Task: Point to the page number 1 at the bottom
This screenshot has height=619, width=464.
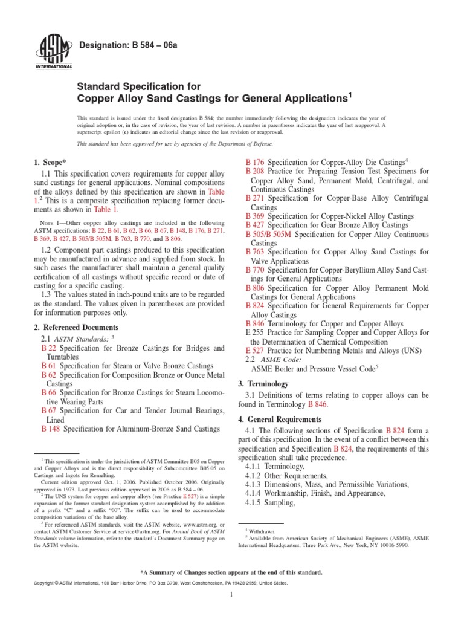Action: pyautogui.click(x=232, y=595)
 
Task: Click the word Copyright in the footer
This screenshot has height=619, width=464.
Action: pyautogui.click(x=51, y=583)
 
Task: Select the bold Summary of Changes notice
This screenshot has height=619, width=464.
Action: pyautogui.click(x=232, y=572)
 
